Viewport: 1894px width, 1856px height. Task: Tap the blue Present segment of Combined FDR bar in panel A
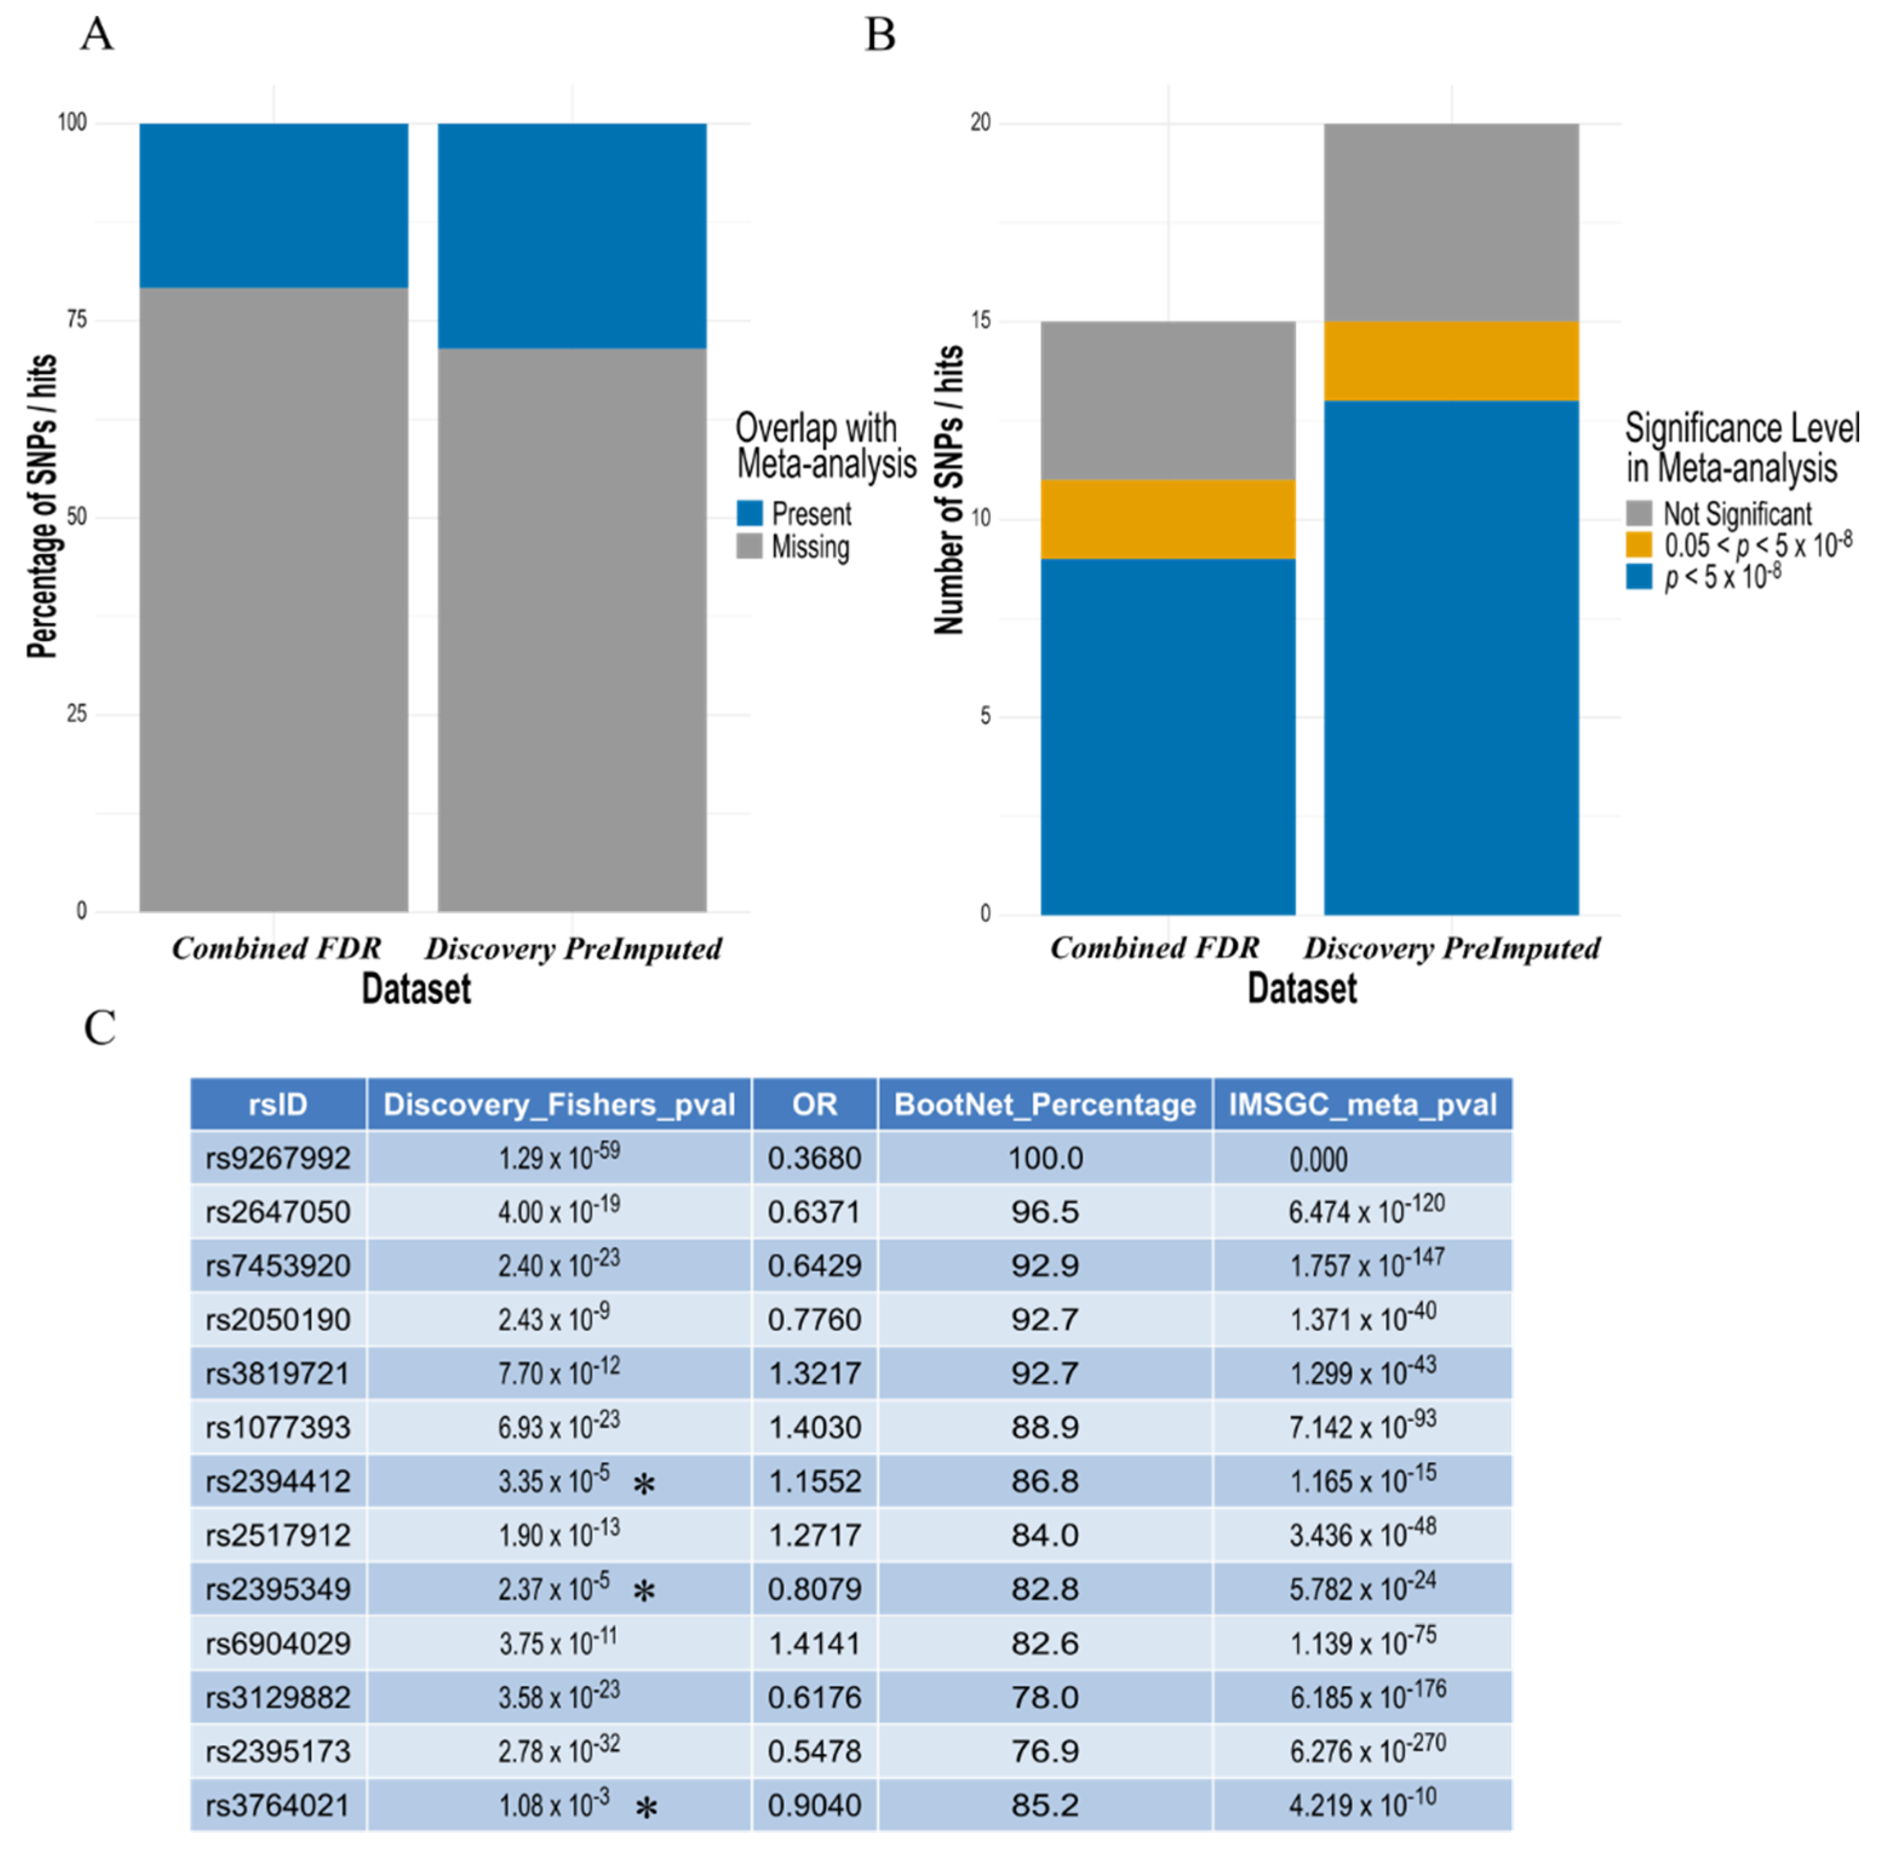click(273, 205)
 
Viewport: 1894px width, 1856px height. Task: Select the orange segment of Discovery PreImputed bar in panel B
click(1451, 361)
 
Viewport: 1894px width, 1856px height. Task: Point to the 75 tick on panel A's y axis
click(75, 320)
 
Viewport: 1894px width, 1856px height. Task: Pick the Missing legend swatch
click(748, 546)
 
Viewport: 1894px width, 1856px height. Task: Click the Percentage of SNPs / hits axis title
click(42, 507)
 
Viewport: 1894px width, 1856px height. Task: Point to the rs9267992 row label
click(278, 1158)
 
